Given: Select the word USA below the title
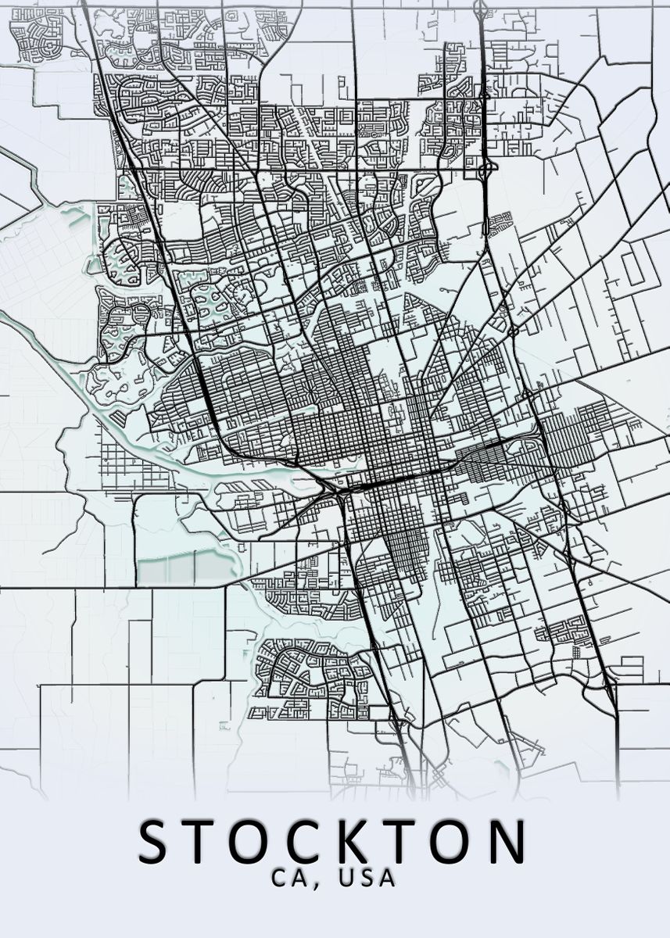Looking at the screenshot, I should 367,878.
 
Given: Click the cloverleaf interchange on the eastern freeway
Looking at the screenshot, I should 485,166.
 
